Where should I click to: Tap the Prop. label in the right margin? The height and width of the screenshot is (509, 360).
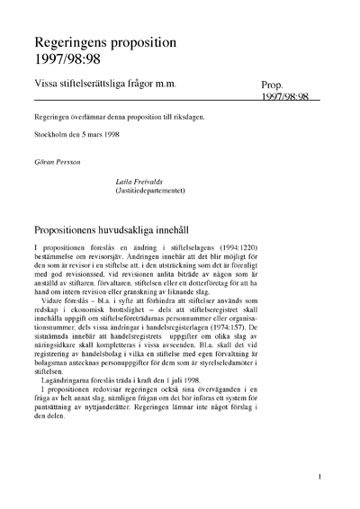pyautogui.click(x=274, y=85)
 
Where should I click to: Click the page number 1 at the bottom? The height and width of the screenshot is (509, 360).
pyautogui.click(x=319, y=478)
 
